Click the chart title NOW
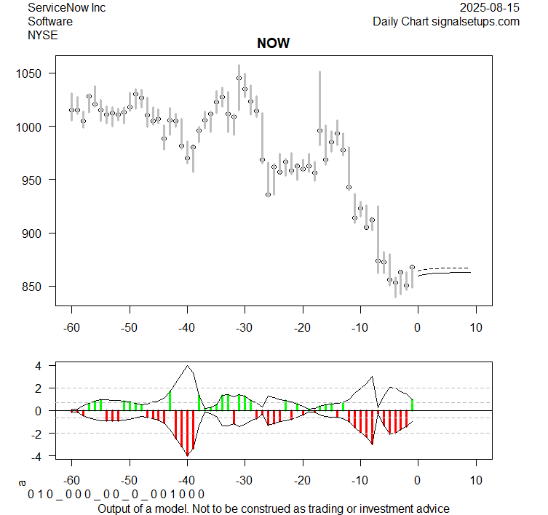273,44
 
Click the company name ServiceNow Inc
66,8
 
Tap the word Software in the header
50,21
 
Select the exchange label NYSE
43,34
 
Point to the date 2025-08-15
490,8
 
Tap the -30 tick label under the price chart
245,327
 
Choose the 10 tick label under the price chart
475,327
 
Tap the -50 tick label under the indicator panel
129,480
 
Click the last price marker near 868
412,268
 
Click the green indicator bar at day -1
412,404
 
